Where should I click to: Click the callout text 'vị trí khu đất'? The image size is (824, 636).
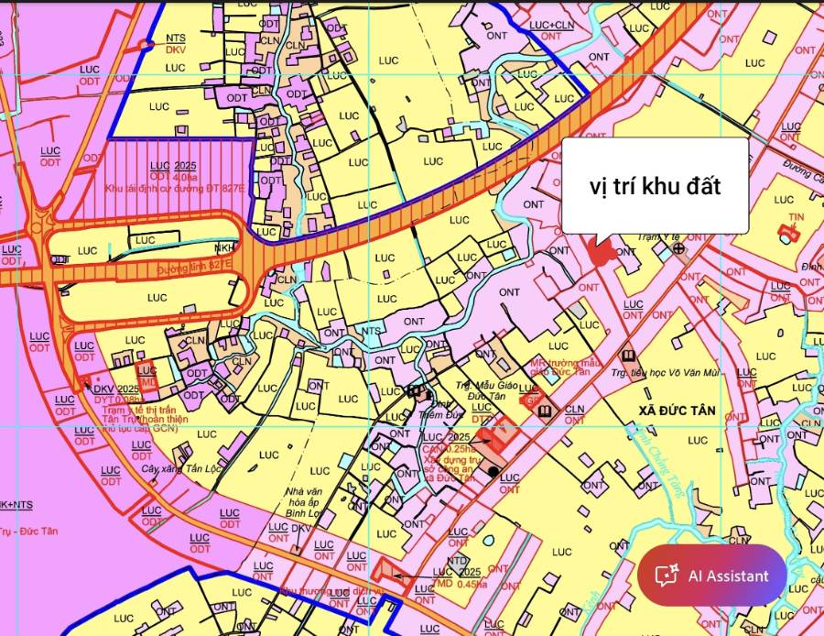click(x=655, y=186)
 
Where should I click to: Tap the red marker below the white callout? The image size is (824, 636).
click(x=601, y=253)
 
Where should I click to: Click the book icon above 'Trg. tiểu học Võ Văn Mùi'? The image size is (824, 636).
click(x=628, y=356)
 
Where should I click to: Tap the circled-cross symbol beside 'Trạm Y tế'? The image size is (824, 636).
click(x=678, y=247)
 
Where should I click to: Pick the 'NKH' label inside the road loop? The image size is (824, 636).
click(x=223, y=247)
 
